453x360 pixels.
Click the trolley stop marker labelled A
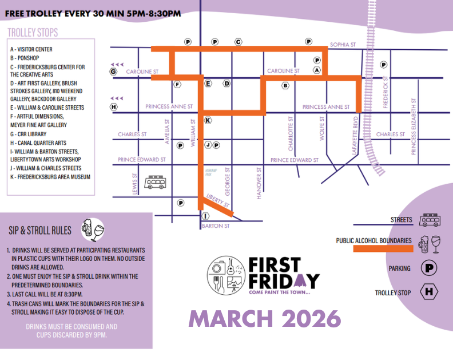point(317,69)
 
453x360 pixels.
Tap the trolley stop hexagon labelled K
point(208,120)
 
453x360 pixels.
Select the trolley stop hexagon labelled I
point(205,216)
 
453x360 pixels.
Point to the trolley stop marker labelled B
point(285,86)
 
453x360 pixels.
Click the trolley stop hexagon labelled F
point(178,84)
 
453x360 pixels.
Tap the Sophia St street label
point(343,44)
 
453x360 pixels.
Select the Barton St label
point(215,226)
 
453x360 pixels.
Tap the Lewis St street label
point(136,183)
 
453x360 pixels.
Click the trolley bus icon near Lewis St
point(156,183)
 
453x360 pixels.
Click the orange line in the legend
point(383,248)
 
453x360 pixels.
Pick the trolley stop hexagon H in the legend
point(428,292)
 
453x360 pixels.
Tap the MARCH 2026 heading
point(264,319)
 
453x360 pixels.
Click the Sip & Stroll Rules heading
point(40,230)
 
